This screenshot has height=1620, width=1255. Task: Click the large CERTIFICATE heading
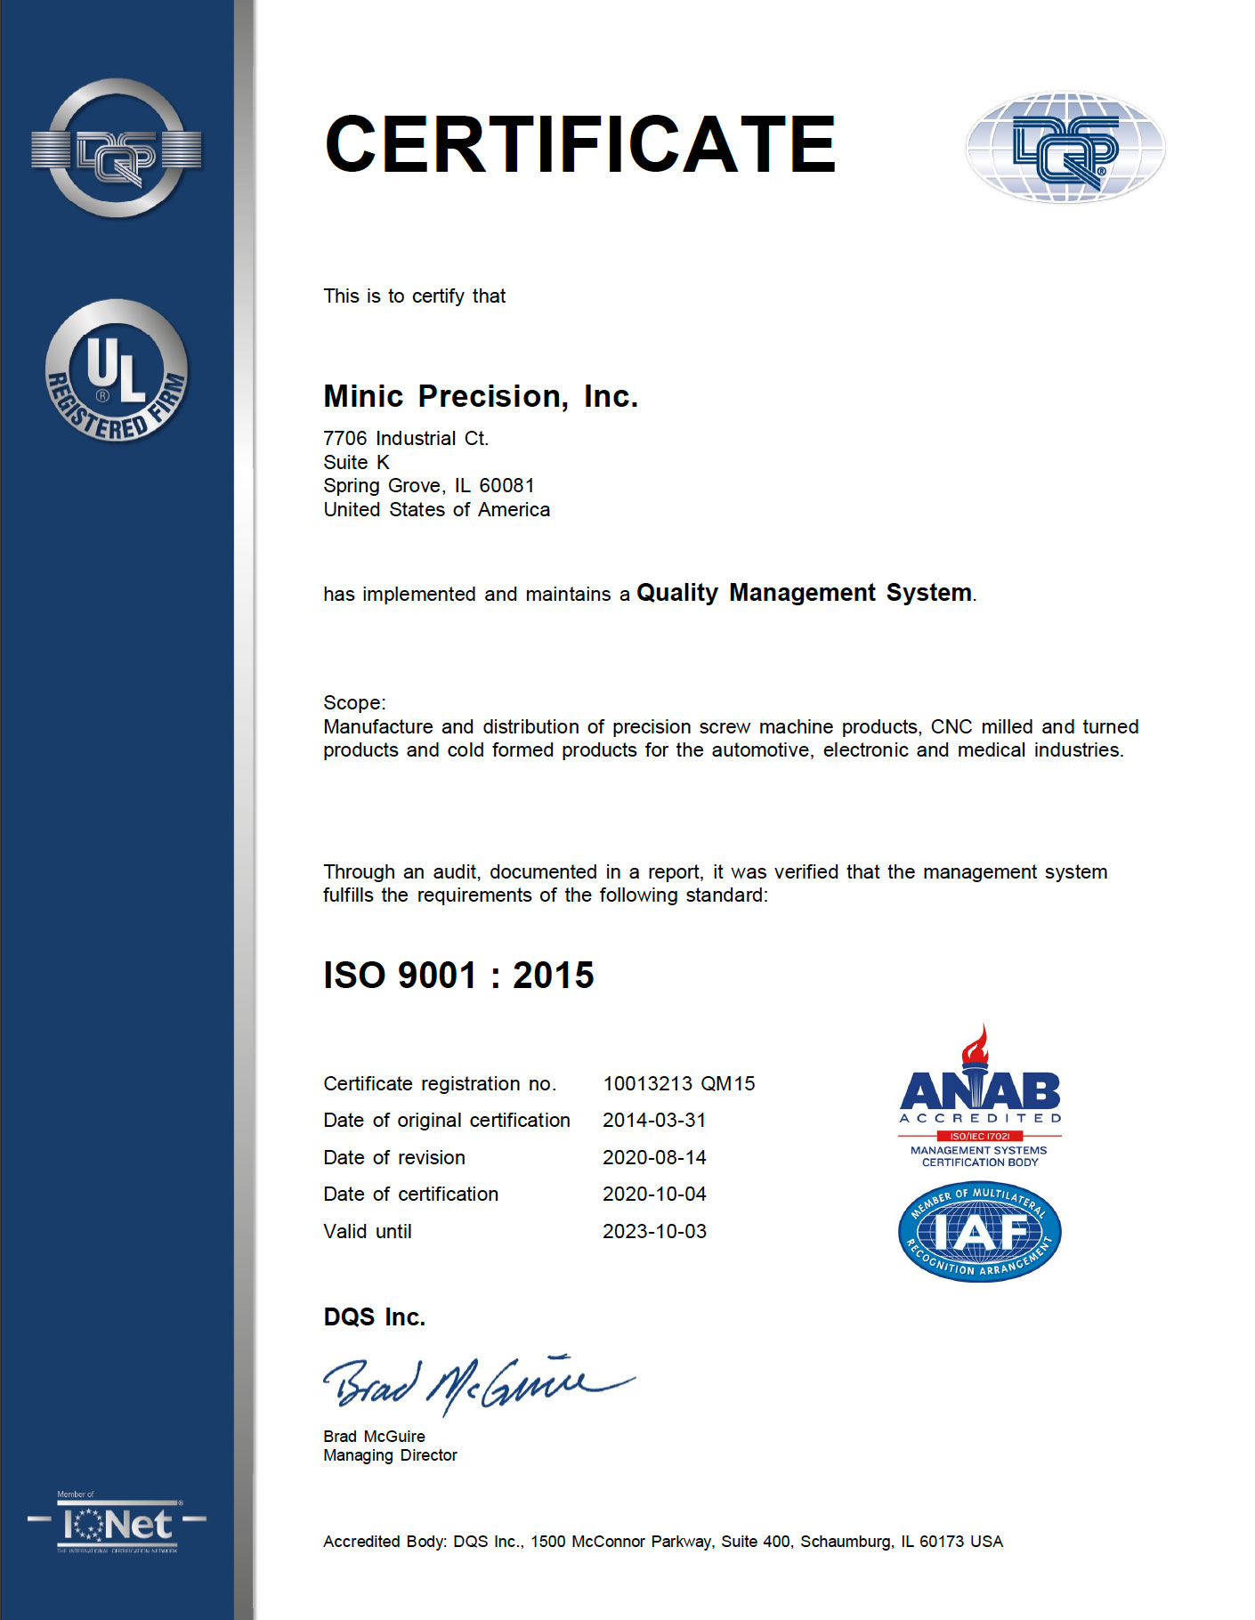click(580, 145)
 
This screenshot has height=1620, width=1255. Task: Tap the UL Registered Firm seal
click(117, 371)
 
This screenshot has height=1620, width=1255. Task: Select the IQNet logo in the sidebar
click(117, 1525)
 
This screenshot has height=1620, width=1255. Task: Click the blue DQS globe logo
click(1065, 148)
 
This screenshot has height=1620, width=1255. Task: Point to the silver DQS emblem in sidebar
click(117, 149)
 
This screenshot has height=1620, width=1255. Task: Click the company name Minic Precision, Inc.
click(481, 396)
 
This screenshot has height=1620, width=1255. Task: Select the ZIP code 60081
click(506, 486)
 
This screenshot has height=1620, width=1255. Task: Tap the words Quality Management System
click(804, 593)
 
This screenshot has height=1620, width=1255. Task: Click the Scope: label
click(354, 703)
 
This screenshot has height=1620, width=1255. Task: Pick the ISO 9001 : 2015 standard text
click(458, 976)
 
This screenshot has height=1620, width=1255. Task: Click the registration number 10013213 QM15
click(678, 1084)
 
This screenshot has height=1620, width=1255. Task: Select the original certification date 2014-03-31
click(654, 1121)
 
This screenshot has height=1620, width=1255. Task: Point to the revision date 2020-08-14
click(654, 1158)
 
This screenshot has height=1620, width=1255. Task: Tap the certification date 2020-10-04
click(654, 1195)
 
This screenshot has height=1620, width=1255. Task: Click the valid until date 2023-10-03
click(654, 1232)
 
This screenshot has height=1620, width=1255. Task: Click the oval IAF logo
click(980, 1233)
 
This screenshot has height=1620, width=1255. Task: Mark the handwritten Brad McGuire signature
click(476, 1384)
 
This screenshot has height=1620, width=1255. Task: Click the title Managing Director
click(390, 1455)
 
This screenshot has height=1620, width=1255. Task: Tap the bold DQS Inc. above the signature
click(375, 1317)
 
